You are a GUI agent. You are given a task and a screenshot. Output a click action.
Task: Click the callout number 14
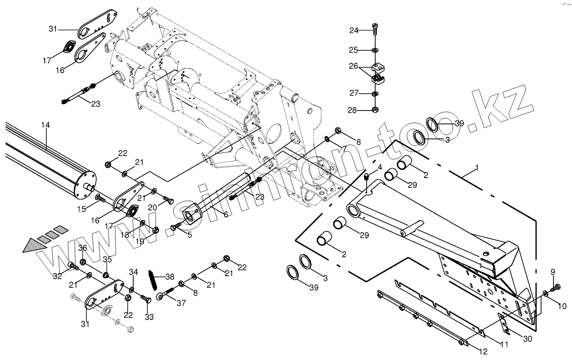coord(46,125)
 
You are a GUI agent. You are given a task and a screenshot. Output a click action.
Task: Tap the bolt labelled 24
coord(374,30)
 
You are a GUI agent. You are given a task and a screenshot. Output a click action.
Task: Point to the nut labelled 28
coord(375,110)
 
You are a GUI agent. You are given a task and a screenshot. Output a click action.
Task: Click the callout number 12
coord(483,351)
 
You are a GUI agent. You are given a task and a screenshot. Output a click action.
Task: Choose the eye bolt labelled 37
coord(164,295)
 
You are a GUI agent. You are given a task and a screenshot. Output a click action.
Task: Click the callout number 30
coord(527,339)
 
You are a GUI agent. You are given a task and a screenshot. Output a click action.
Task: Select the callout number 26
coord(353,67)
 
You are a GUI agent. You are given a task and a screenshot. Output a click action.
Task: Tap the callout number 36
coord(83,248)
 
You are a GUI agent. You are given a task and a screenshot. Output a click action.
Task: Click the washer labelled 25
coord(375,50)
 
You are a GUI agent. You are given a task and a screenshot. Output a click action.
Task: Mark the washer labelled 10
coord(545,293)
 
